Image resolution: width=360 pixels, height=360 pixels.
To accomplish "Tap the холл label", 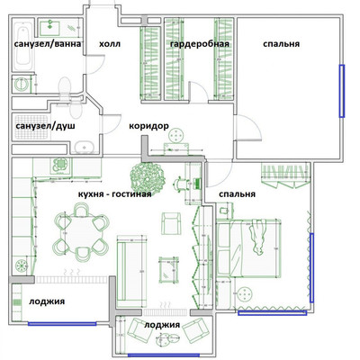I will tap(110, 43).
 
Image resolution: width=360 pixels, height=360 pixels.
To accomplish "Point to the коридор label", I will tap(149, 126).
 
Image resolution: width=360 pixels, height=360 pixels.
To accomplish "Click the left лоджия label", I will tap(46, 301).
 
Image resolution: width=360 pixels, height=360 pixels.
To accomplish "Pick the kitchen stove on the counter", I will tap(60, 166).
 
